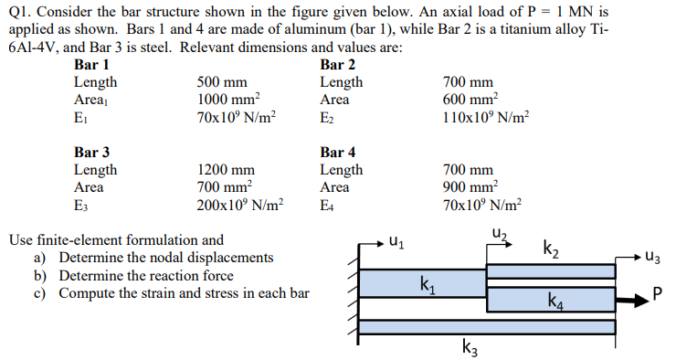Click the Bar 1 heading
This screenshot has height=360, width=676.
coord(90,65)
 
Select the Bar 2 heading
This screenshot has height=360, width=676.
coord(338,65)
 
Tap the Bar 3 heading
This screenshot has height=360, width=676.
coord(90,153)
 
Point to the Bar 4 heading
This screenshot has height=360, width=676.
coord(338,153)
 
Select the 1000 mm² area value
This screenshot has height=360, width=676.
coord(229,99)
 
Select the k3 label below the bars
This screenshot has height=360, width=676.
coord(469,346)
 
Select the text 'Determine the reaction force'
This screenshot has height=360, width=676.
coord(146,275)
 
